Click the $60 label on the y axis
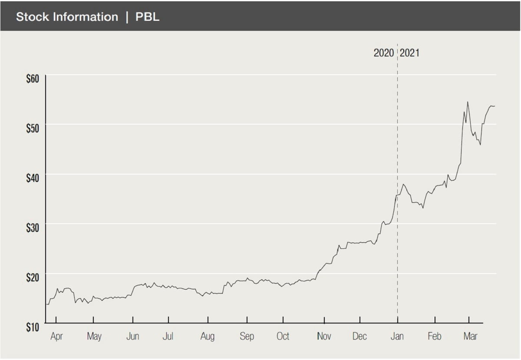33,79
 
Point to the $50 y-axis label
33,128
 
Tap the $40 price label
33,178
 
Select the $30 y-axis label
33,228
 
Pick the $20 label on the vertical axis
33,277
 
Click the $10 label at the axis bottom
33,327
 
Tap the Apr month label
57,337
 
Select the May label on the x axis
94,337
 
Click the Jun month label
133,337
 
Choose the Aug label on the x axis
208,337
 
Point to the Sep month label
247,337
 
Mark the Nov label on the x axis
324,337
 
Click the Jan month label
397,337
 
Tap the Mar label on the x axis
470,337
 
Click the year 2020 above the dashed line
384,53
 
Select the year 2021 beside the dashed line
409,53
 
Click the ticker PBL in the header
148,17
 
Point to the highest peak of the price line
467,102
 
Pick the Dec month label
359,337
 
